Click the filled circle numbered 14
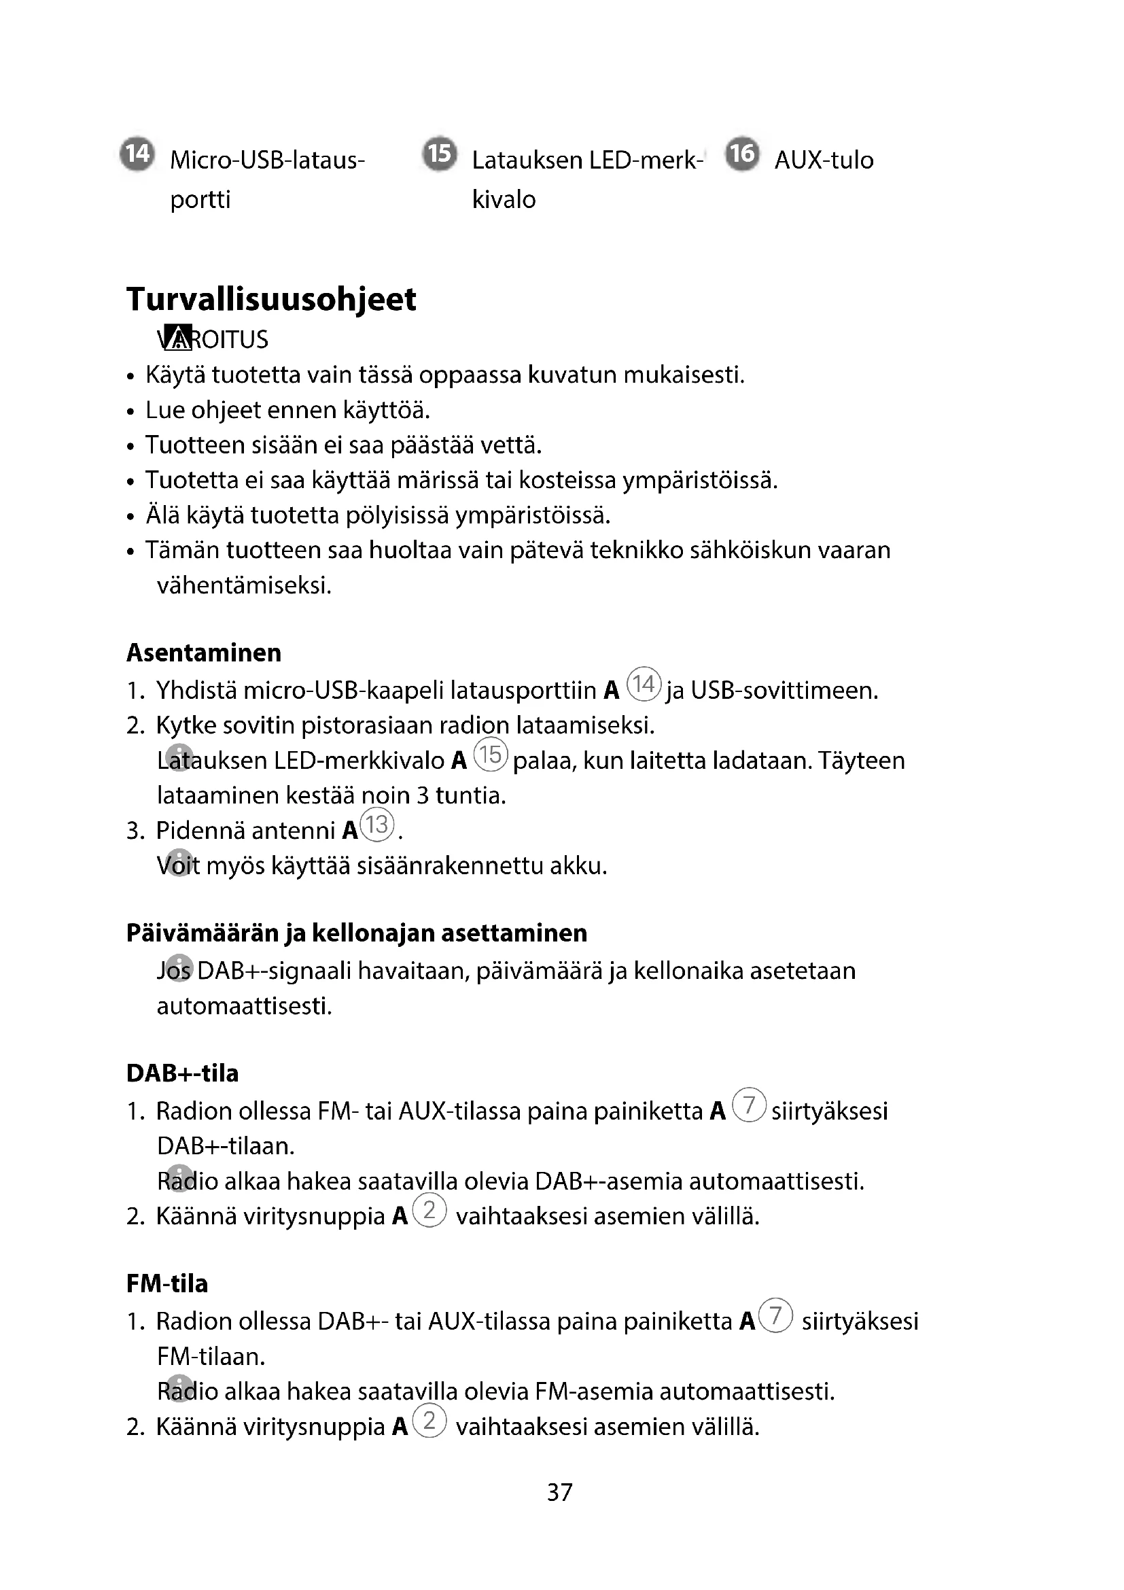(x=137, y=153)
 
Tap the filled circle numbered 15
(x=440, y=153)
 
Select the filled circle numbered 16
(x=743, y=153)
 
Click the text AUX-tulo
(x=824, y=160)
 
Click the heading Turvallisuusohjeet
(x=271, y=299)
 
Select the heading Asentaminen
(x=203, y=653)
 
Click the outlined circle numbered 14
(x=644, y=685)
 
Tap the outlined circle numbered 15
(x=491, y=754)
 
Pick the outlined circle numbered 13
(x=377, y=825)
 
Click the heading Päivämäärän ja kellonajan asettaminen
(x=357, y=933)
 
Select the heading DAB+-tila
(x=182, y=1073)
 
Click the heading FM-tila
(x=166, y=1283)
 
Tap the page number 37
(x=560, y=1491)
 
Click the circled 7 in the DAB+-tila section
(x=749, y=1105)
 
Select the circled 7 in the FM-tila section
(x=775, y=1315)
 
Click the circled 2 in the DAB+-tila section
(x=429, y=1210)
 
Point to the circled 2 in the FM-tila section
(x=429, y=1420)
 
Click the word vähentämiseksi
(x=245, y=586)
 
